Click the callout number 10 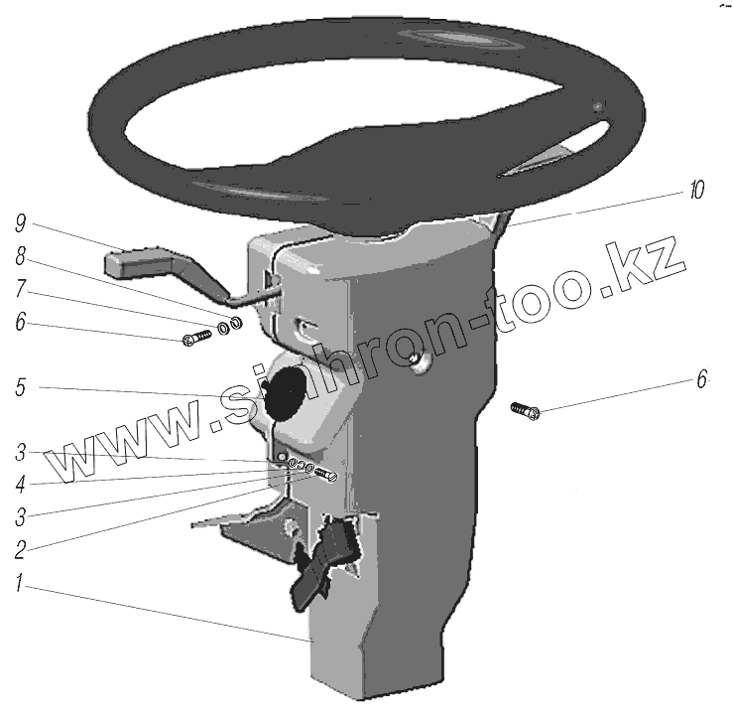click(x=696, y=190)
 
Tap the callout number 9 click(x=20, y=223)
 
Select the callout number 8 click(x=20, y=256)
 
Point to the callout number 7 click(x=20, y=288)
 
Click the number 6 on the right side click(x=701, y=378)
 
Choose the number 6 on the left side click(x=20, y=322)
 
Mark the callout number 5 click(x=20, y=387)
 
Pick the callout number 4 click(x=20, y=485)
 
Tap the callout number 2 click(x=20, y=550)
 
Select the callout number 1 click(x=19, y=583)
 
